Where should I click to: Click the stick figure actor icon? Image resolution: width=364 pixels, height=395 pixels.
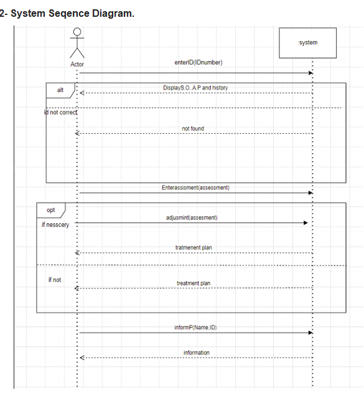click(x=77, y=42)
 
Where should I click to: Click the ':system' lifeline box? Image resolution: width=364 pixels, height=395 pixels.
click(x=308, y=43)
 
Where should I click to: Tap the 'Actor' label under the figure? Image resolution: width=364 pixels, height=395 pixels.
click(x=77, y=64)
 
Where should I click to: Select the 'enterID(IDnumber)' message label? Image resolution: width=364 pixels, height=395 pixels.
click(x=198, y=62)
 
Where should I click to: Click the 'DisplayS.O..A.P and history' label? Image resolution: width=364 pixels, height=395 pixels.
click(x=195, y=88)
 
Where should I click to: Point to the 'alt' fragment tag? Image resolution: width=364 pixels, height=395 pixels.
click(x=60, y=90)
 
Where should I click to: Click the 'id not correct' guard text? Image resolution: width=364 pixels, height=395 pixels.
click(x=61, y=112)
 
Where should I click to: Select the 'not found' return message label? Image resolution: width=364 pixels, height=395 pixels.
click(x=193, y=129)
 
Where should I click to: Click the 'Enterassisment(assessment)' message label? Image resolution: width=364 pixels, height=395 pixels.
click(x=195, y=187)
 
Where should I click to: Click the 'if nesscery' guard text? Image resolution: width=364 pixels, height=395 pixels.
click(x=55, y=225)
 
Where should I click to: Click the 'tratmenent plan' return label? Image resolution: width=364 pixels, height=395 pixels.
click(x=194, y=248)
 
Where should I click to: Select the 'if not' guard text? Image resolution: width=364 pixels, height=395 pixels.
click(x=55, y=280)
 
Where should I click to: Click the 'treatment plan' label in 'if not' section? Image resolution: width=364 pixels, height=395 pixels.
click(x=194, y=283)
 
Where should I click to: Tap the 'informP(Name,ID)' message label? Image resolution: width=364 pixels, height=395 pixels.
click(x=195, y=327)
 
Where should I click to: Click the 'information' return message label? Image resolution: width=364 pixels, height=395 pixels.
click(x=197, y=353)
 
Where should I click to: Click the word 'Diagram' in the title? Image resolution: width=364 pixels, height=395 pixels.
click(x=113, y=14)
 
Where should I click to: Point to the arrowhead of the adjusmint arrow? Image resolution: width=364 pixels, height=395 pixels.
click(x=305, y=223)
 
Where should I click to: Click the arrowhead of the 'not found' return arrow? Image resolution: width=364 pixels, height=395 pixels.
click(x=78, y=133)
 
